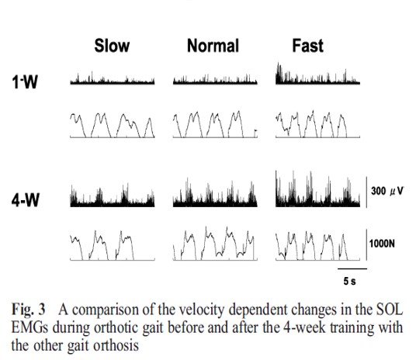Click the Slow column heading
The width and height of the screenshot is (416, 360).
[x=112, y=46]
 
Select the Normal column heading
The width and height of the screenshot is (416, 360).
[x=213, y=46]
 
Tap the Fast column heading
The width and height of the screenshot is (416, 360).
[x=308, y=46]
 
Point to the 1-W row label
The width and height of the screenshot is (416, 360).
[x=25, y=81]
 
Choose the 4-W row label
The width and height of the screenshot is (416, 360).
[x=26, y=199]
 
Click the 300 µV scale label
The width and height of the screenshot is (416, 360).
[x=387, y=191]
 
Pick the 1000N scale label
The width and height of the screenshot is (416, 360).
[x=382, y=244]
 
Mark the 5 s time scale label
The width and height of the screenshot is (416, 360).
[x=350, y=281]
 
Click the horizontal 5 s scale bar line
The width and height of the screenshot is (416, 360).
[x=352, y=268]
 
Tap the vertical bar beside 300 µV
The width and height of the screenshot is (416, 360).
[x=366, y=192]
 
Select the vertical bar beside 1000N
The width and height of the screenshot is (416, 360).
[x=366, y=244]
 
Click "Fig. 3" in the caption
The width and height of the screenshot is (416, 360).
[x=29, y=310]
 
